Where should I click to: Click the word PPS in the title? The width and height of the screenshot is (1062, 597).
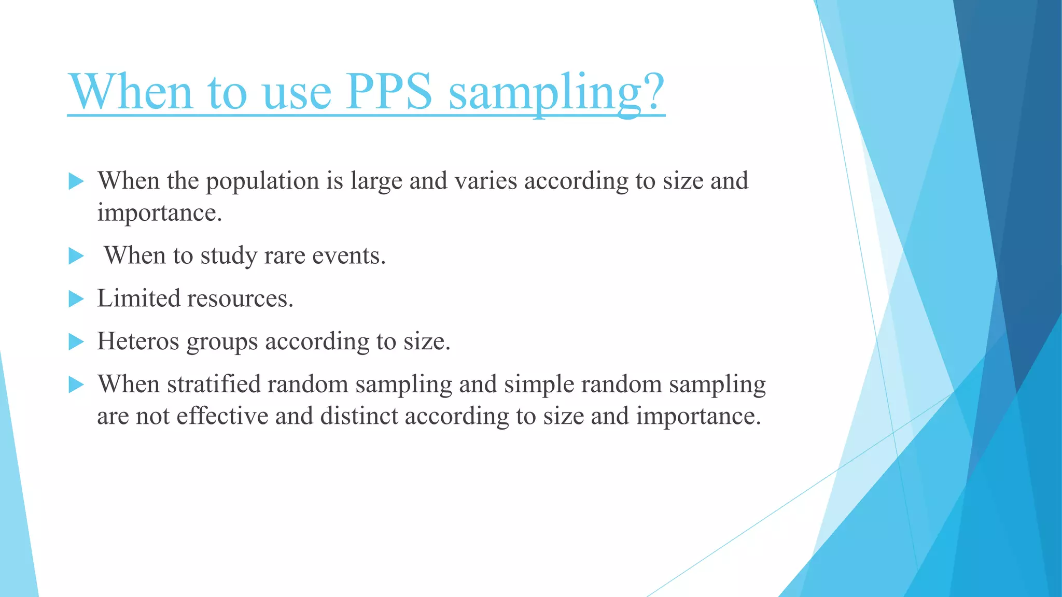point(390,91)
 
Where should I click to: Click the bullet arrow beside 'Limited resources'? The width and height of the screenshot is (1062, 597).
point(76,298)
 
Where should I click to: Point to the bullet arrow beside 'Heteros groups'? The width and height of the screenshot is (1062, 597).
point(76,342)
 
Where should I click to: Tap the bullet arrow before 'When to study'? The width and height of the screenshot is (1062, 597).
point(76,255)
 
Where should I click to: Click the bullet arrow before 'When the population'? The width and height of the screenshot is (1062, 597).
point(76,181)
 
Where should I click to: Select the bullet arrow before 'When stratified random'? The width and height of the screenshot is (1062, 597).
point(76,385)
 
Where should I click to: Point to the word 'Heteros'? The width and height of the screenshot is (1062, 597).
point(138,342)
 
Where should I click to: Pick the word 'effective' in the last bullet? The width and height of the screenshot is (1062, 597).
point(222,416)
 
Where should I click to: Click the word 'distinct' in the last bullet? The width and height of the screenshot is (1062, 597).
point(359,416)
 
